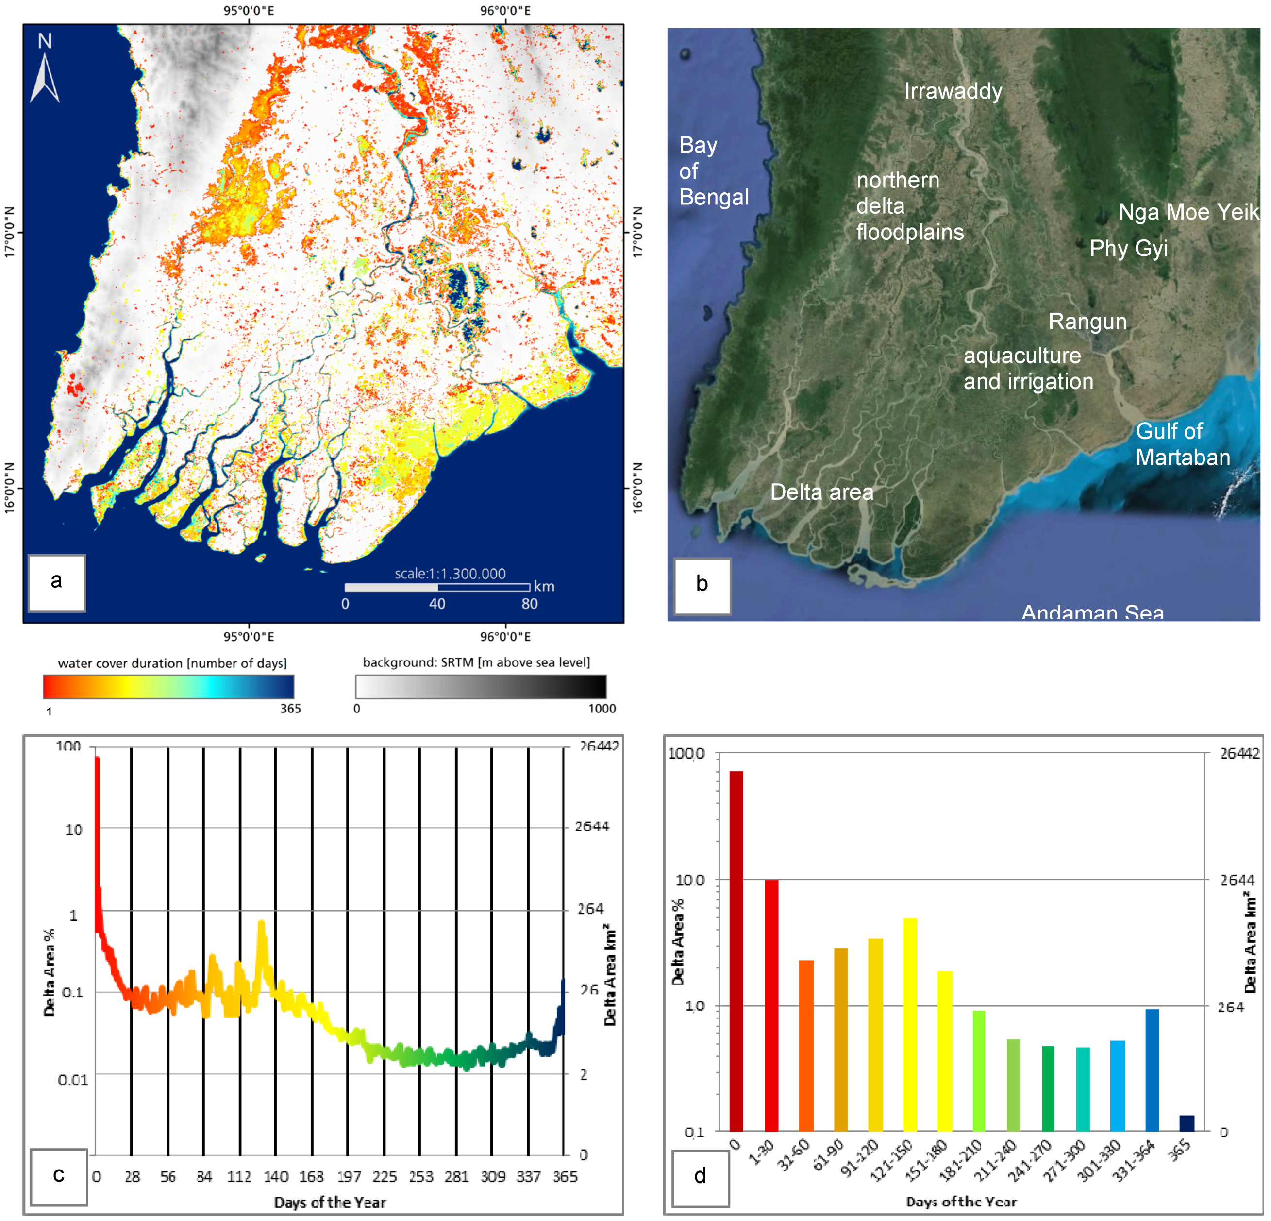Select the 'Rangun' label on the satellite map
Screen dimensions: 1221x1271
pos(1087,322)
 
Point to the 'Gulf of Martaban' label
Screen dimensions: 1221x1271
pos(1182,444)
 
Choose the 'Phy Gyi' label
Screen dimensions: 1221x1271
pos(1128,249)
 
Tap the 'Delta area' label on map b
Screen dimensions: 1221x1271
pos(821,492)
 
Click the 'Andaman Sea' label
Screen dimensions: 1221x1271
pos(1093,612)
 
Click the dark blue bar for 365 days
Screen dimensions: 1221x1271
pos(1187,1123)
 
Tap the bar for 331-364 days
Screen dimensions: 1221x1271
pos(1152,1070)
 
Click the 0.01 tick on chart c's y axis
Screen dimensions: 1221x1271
pos(73,1080)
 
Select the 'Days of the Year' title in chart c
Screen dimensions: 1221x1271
pos(330,1202)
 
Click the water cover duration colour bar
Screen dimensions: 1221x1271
pos(168,686)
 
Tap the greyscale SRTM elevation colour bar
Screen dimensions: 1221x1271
pos(481,686)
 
